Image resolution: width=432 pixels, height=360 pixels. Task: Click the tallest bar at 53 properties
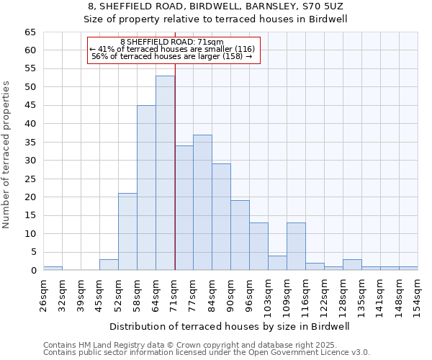(165, 173)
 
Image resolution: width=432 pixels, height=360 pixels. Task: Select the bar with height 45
(146, 187)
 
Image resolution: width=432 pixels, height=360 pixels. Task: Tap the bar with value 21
(127, 231)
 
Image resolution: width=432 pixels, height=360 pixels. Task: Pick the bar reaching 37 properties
(202, 202)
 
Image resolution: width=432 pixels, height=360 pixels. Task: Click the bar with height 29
(221, 217)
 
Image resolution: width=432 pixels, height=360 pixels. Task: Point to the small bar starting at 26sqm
(53, 268)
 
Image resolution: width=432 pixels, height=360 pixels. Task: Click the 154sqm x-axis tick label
(418, 296)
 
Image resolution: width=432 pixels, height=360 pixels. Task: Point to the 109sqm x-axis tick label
(287, 296)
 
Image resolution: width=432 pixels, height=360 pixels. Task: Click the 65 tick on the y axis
(30, 32)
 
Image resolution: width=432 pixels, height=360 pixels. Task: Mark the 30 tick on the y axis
(30, 161)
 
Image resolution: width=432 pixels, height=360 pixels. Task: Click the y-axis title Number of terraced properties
(7, 155)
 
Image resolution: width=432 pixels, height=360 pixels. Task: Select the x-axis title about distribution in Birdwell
(230, 326)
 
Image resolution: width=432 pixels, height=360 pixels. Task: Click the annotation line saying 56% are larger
(171, 56)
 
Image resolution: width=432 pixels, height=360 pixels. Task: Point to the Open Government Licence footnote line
(207, 353)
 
